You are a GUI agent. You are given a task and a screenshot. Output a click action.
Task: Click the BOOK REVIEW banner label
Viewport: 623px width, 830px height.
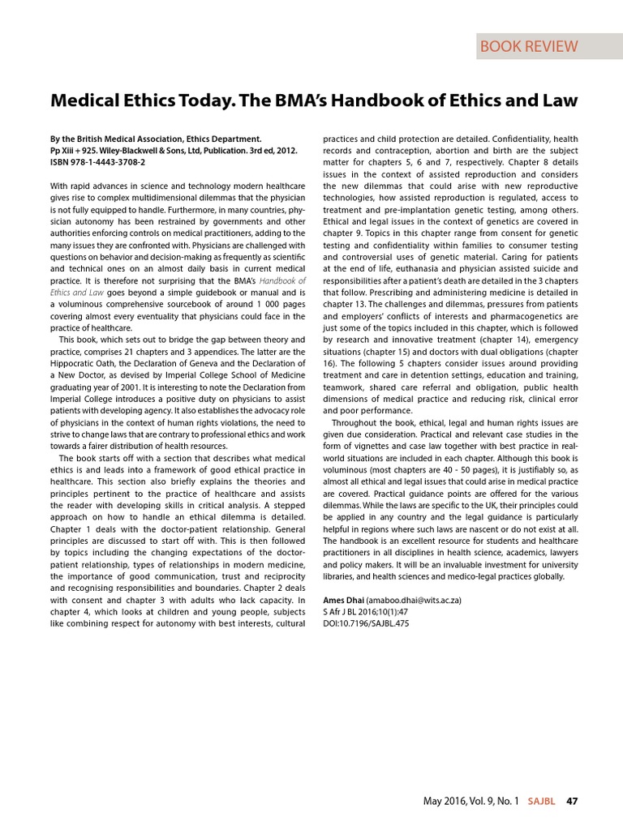tap(530, 46)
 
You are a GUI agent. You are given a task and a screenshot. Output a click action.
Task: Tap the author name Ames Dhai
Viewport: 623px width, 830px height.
tap(343, 600)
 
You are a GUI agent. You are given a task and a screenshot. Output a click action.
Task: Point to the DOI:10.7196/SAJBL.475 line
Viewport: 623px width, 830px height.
tap(366, 623)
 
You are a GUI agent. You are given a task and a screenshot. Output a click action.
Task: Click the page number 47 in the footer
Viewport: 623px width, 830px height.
tap(572, 801)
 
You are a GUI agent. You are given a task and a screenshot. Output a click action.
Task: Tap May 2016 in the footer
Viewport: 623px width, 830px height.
tap(445, 801)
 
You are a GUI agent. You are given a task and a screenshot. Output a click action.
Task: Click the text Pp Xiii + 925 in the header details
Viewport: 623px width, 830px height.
tap(75, 151)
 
